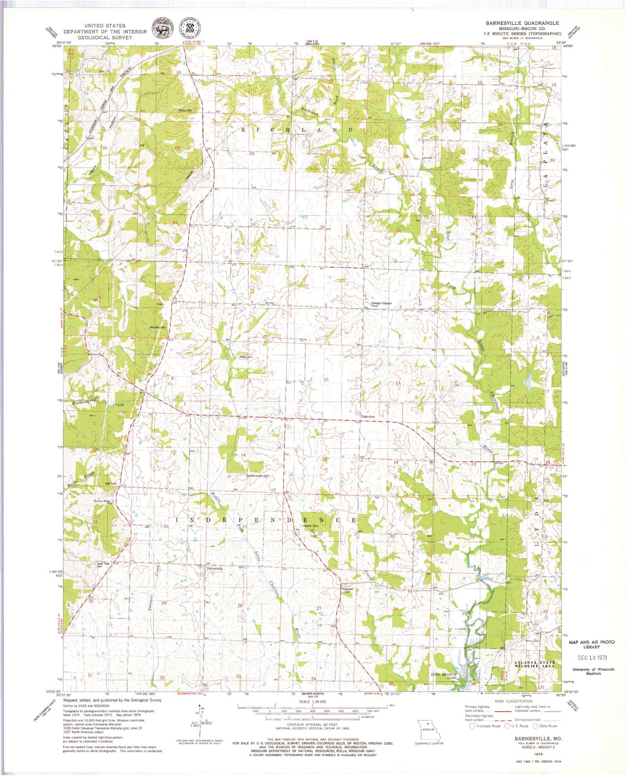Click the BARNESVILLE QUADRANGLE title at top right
tap(522, 23)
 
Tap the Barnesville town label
tap(215, 568)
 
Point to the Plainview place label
tap(367, 416)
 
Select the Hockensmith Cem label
tap(258, 476)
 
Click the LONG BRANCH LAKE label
tap(444, 676)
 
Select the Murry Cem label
tap(185, 110)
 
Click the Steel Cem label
tap(246, 357)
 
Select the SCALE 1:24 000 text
tap(311, 702)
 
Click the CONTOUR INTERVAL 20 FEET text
tap(312, 724)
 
